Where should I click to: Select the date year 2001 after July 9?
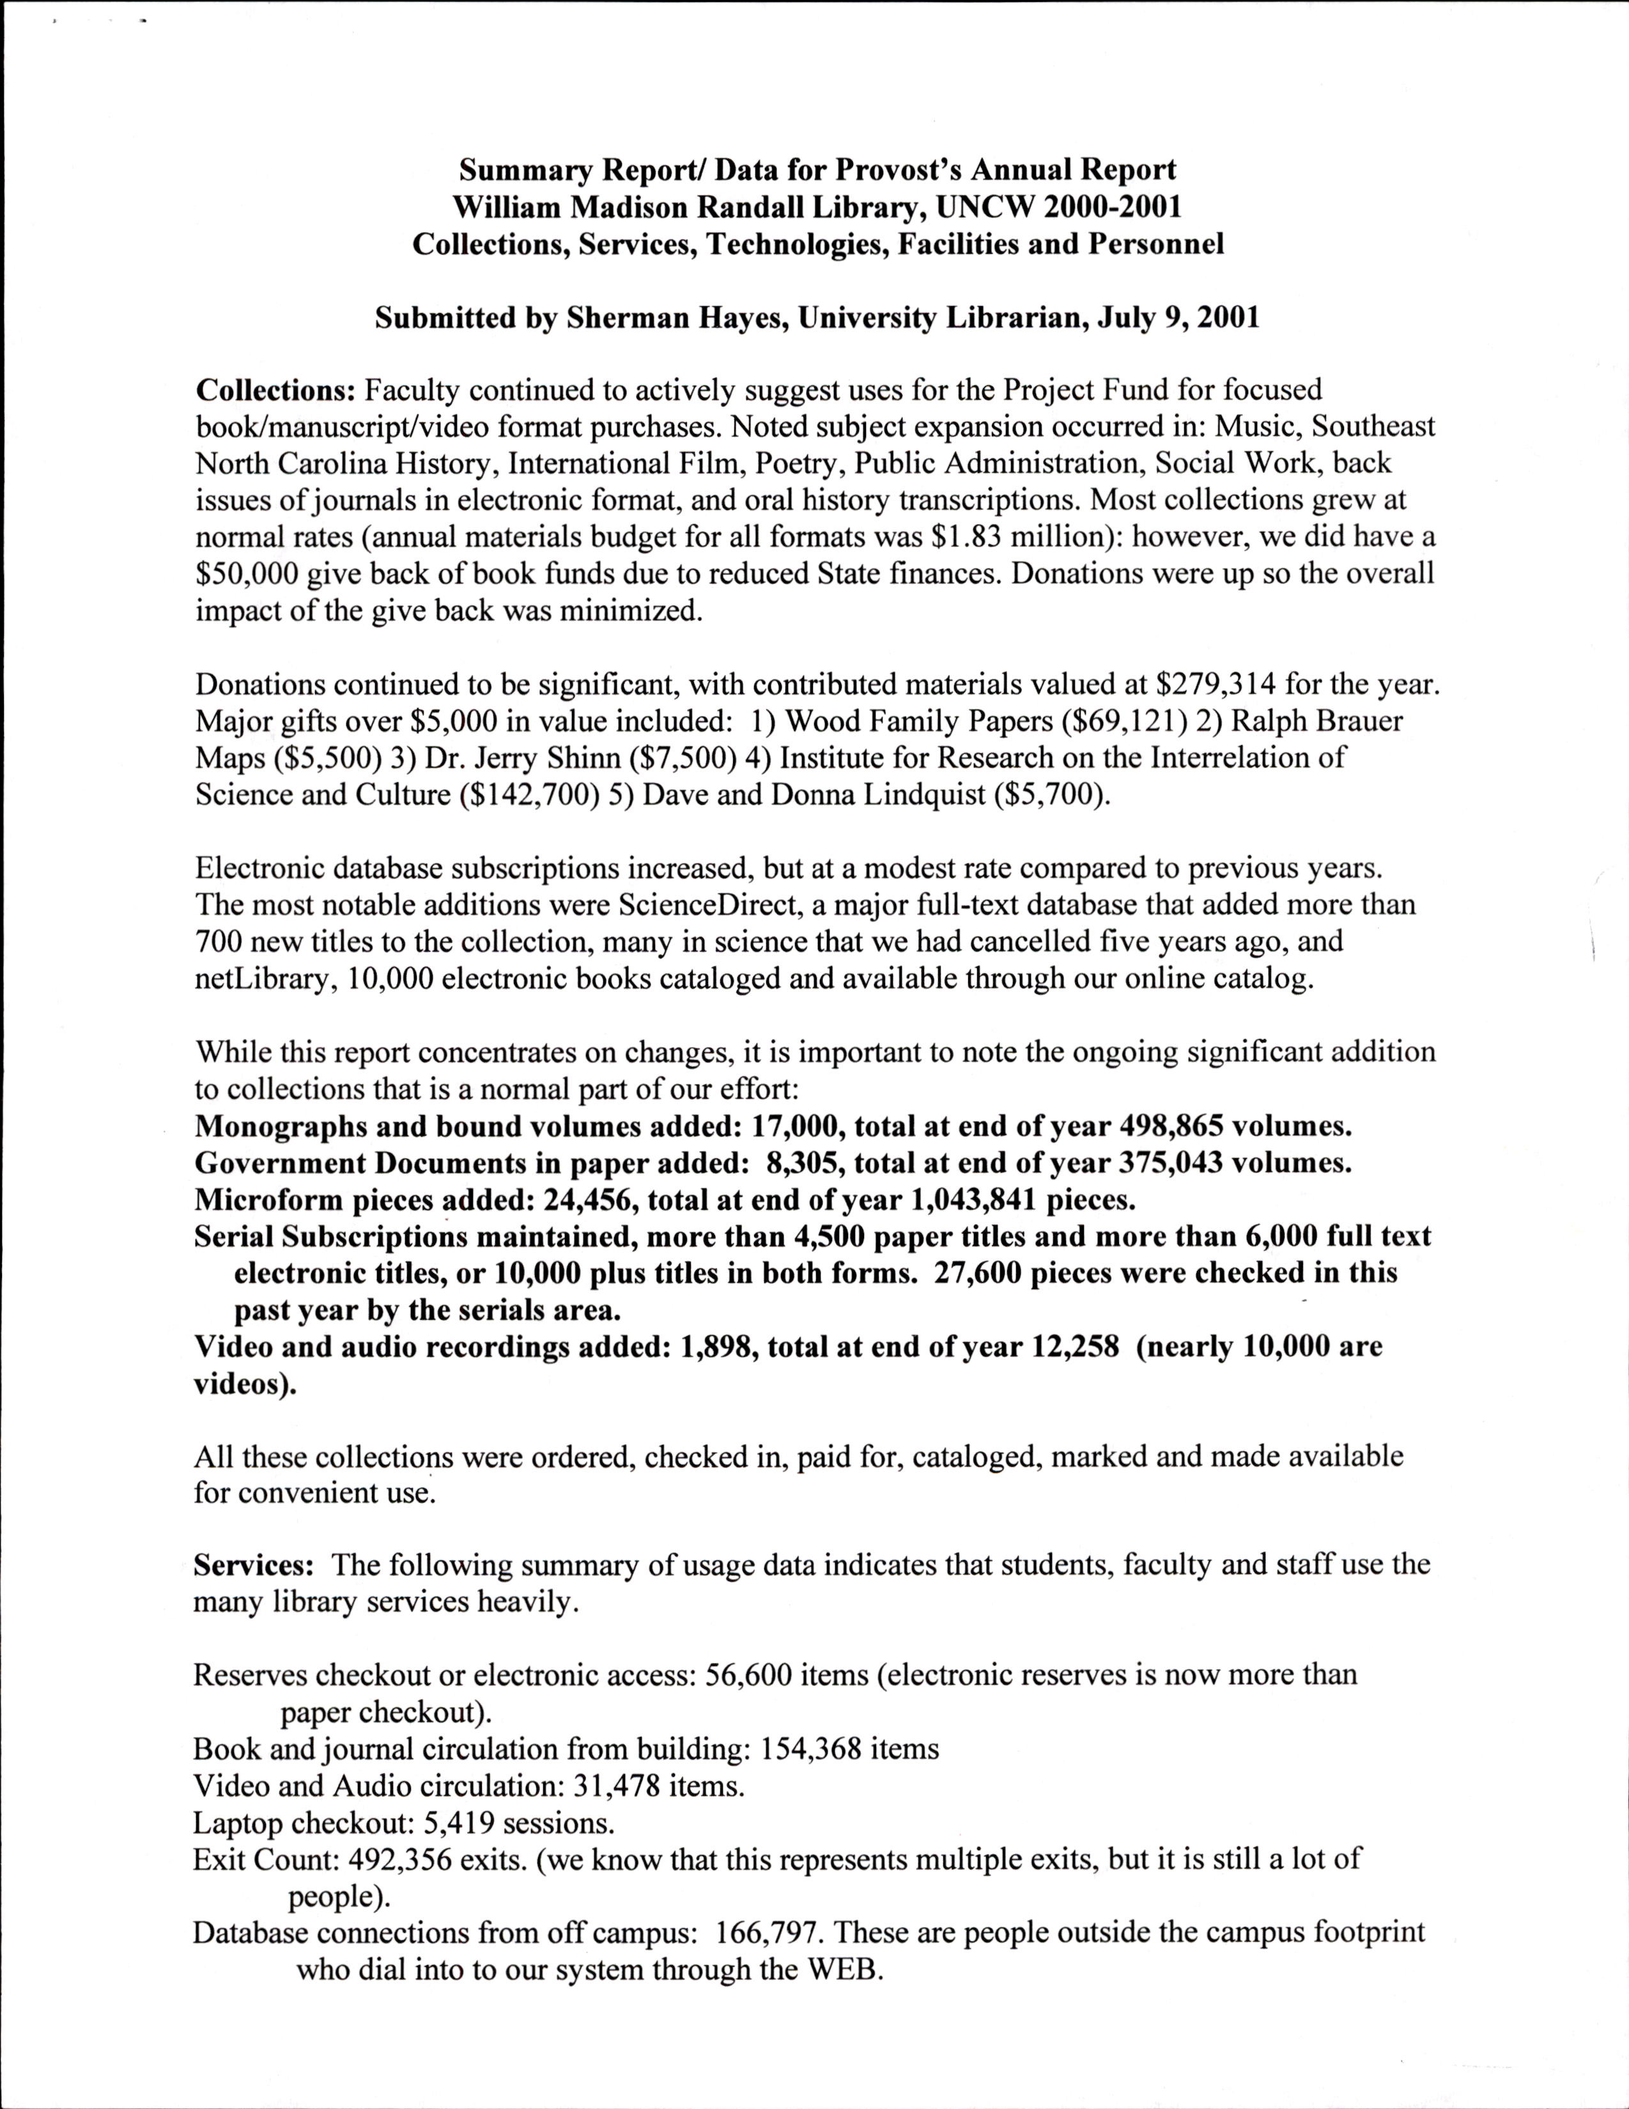click(x=1226, y=319)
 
